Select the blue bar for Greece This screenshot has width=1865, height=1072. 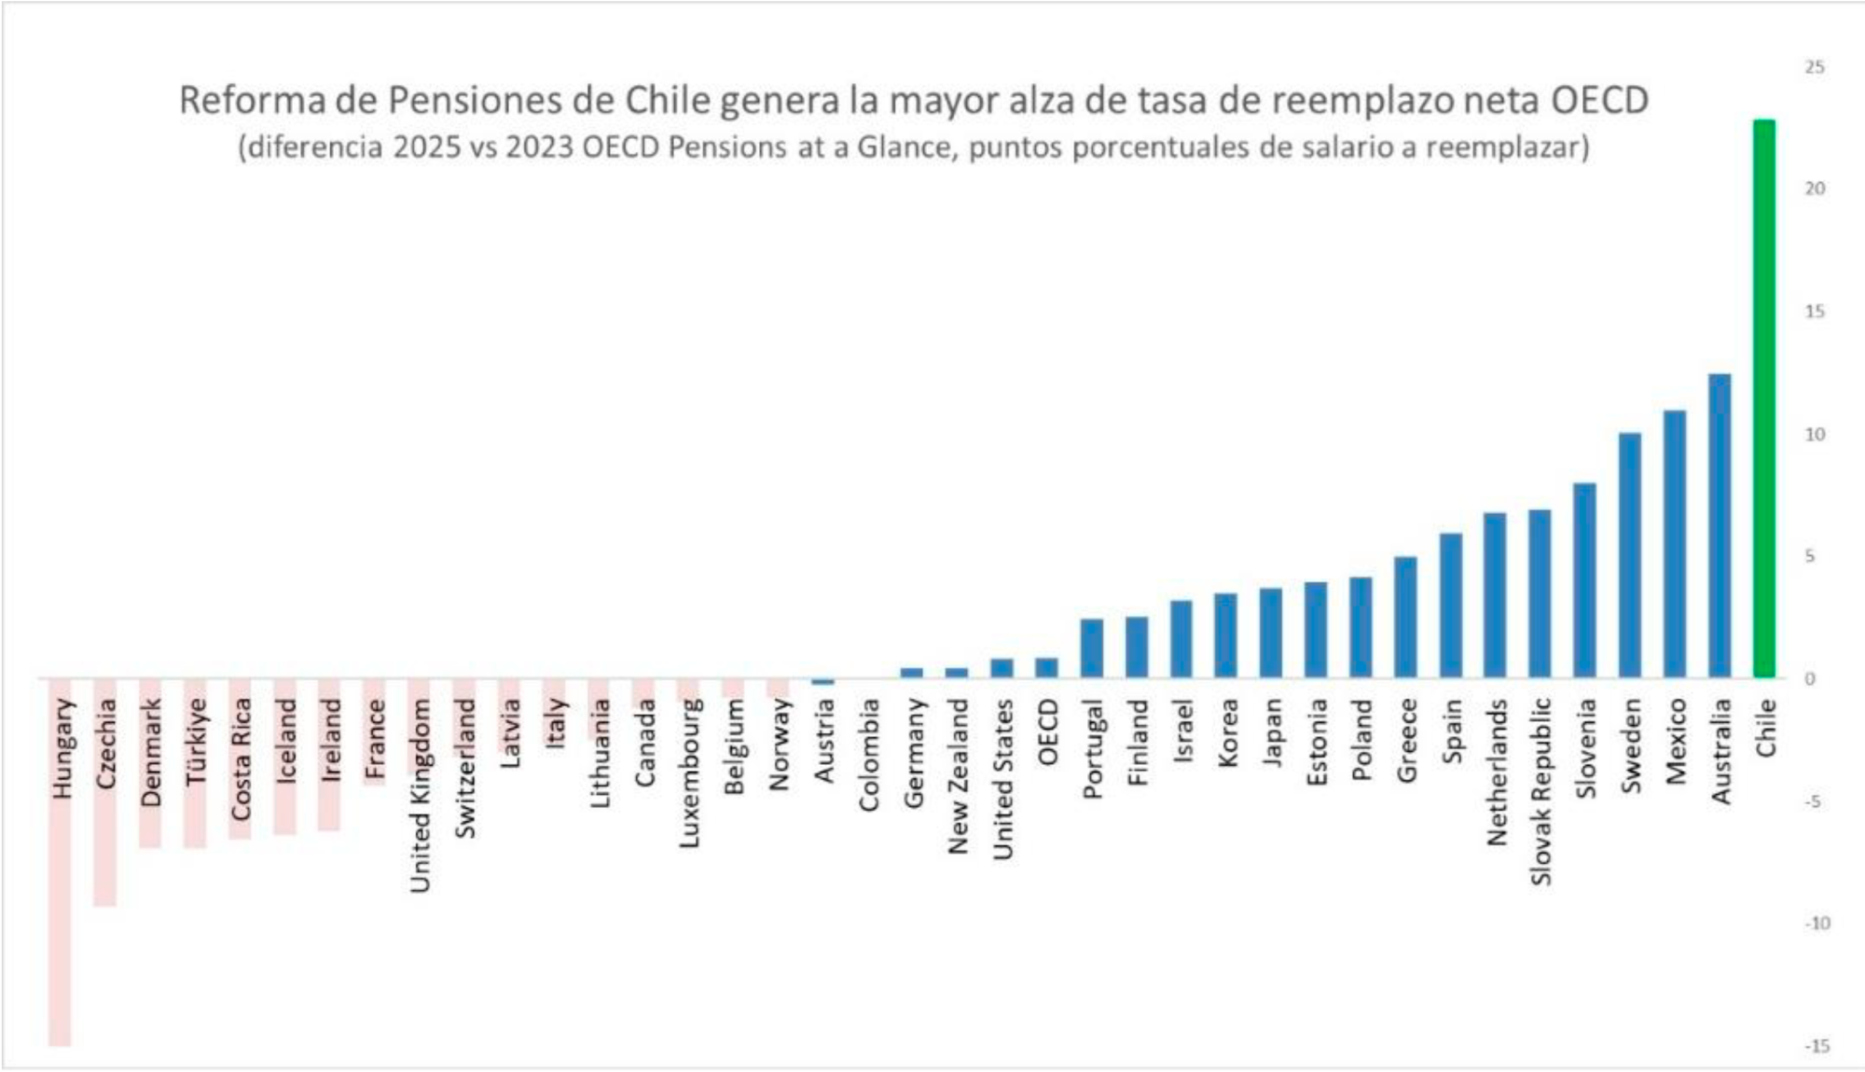tap(1405, 617)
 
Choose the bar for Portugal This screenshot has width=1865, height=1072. tap(1092, 647)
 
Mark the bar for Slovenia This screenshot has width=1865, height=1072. tap(1584, 580)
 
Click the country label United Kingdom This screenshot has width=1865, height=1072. tap(420, 796)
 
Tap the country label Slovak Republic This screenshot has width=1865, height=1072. tap(1540, 792)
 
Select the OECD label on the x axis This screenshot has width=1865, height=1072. tap(1048, 732)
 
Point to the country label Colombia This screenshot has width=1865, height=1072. tap(868, 755)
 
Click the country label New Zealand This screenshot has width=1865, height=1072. tap(958, 776)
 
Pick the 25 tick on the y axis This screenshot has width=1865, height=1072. tap(1815, 67)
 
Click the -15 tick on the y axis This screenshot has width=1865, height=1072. tap(1817, 1046)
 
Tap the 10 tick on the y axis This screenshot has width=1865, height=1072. tap(1815, 435)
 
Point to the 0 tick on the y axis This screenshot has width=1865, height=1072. tap(1810, 679)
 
